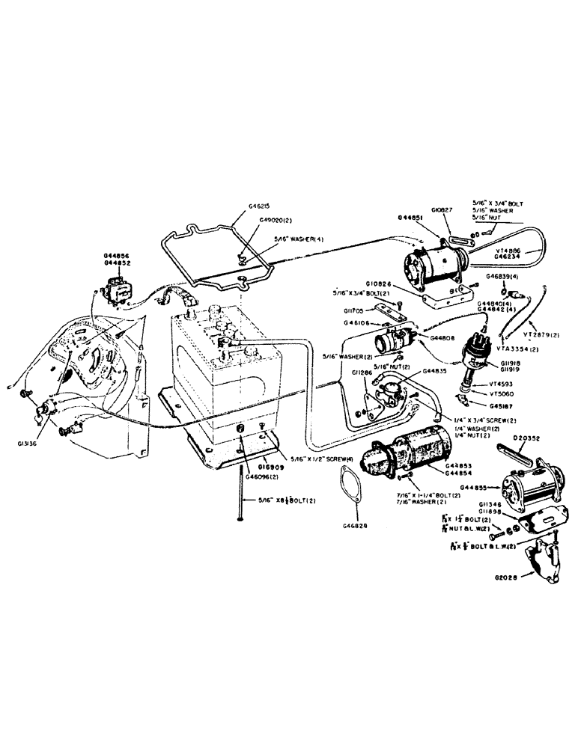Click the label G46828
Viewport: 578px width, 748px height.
coord(357,527)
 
